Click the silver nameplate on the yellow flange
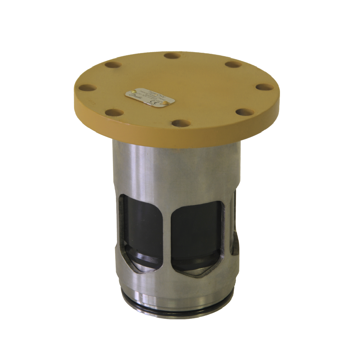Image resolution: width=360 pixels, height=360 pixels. click(150, 97)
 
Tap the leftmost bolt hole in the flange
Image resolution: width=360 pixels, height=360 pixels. click(88, 88)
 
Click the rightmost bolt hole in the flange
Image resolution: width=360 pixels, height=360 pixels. click(265, 87)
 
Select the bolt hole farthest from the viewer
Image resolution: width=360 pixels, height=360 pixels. click(172, 56)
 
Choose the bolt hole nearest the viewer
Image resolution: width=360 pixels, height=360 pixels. click(182, 123)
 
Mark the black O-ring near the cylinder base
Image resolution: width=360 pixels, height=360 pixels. click(177, 312)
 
